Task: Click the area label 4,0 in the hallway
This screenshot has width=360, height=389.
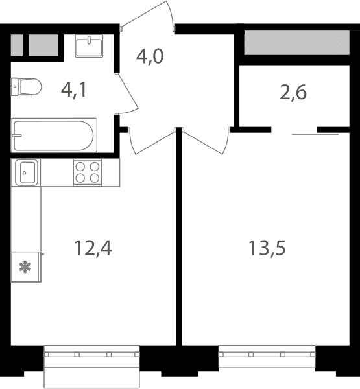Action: (x=150, y=56)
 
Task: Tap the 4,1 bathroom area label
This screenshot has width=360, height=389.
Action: (x=74, y=90)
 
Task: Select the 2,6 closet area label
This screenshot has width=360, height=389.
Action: (x=293, y=93)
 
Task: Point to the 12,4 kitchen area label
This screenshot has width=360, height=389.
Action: (x=93, y=248)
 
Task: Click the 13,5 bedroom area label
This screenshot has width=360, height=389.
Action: (x=267, y=248)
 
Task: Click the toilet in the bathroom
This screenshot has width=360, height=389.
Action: (x=26, y=87)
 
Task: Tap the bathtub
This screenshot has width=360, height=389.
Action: (x=54, y=136)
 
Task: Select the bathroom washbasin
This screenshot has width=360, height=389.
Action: (x=89, y=46)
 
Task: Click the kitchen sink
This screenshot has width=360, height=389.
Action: (x=27, y=172)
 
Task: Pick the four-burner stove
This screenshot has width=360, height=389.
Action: (x=88, y=172)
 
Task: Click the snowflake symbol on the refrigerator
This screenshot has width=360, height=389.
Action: (x=25, y=267)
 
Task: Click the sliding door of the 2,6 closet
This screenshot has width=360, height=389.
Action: (x=315, y=134)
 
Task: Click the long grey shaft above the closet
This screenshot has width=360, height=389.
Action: (x=297, y=43)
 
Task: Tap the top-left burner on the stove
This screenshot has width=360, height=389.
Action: (x=80, y=167)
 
